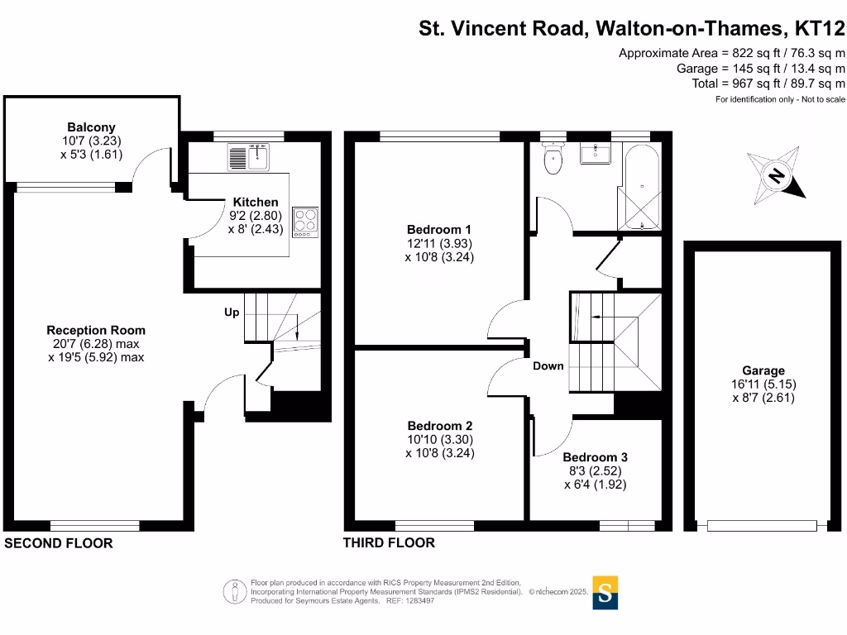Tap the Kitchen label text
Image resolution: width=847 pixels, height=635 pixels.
click(x=256, y=202)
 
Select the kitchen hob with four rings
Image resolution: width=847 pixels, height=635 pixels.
click(x=305, y=222)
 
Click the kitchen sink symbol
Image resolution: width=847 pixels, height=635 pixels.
click(x=248, y=155)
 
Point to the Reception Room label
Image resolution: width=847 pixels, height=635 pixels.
click(x=96, y=330)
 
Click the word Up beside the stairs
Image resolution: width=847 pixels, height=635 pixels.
click(x=232, y=313)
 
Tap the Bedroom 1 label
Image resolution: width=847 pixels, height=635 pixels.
click(x=439, y=229)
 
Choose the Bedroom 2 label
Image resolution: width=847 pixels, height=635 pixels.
click(x=439, y=426)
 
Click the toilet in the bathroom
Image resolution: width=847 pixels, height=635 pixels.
click(x=553, y=159)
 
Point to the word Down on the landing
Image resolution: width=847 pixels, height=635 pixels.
click(x=548, y=365)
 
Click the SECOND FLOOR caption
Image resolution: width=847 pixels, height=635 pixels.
click(x=59, y=543)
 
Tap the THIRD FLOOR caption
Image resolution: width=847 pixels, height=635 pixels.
click(x=389, y=543)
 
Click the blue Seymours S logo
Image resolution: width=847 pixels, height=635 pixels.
click(x=605, y=593)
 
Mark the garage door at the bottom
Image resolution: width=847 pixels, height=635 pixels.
click(x=763, y=525)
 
